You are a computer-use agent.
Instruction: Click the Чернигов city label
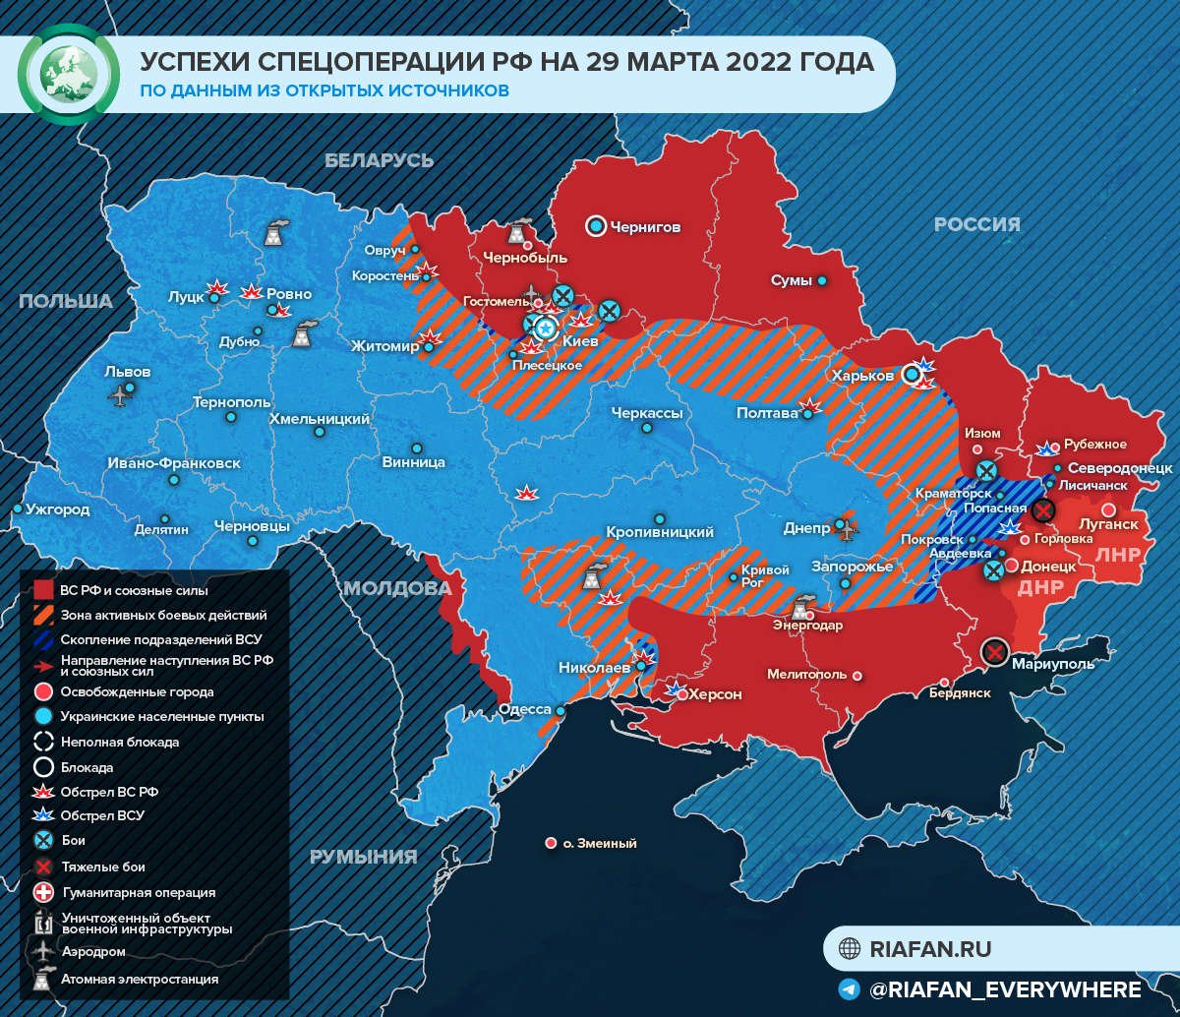(645, 227)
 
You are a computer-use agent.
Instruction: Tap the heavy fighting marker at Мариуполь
(995, 652)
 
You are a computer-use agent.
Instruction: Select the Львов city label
(128, 372)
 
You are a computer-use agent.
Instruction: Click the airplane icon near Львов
(120, 396)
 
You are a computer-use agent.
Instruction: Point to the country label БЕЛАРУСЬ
(380, 160)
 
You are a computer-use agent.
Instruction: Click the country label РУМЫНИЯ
(364, 856)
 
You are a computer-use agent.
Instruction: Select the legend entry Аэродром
(93, 952)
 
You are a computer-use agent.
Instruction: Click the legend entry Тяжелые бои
(103, 867)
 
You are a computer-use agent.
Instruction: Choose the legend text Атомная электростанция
(140, 980)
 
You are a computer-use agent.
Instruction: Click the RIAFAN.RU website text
(930, 949)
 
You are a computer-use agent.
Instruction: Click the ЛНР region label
(1117, 554)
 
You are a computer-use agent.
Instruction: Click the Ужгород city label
(58, 509)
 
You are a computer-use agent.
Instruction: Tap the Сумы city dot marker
(822, 280)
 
